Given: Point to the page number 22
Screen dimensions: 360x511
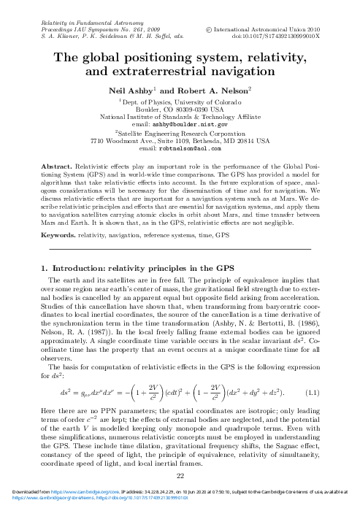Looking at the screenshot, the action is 180,476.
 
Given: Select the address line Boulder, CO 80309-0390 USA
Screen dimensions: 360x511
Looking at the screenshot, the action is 180,109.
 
